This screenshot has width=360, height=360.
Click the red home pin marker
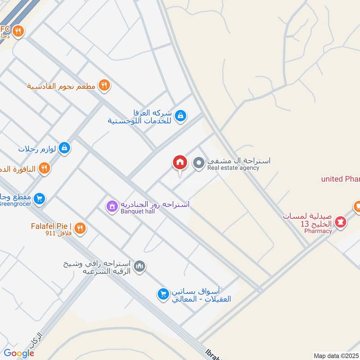click(180, 163)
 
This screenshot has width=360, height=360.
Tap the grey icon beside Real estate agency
click(198, 163)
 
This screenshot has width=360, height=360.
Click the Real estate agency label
click(233, 168)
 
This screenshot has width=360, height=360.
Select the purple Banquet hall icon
click(111, 207)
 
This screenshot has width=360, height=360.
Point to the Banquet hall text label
click(137, 211)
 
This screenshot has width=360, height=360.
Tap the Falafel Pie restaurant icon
click(80, 229)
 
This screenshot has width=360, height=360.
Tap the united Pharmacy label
click(340, 179)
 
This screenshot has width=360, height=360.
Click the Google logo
click(19, 353)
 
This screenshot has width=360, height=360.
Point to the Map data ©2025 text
click(335, 355)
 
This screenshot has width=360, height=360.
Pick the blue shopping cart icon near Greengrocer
click(40, 198)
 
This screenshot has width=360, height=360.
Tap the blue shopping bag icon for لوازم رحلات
click(64, 148)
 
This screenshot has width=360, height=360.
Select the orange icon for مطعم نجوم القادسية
click(104, 85)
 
